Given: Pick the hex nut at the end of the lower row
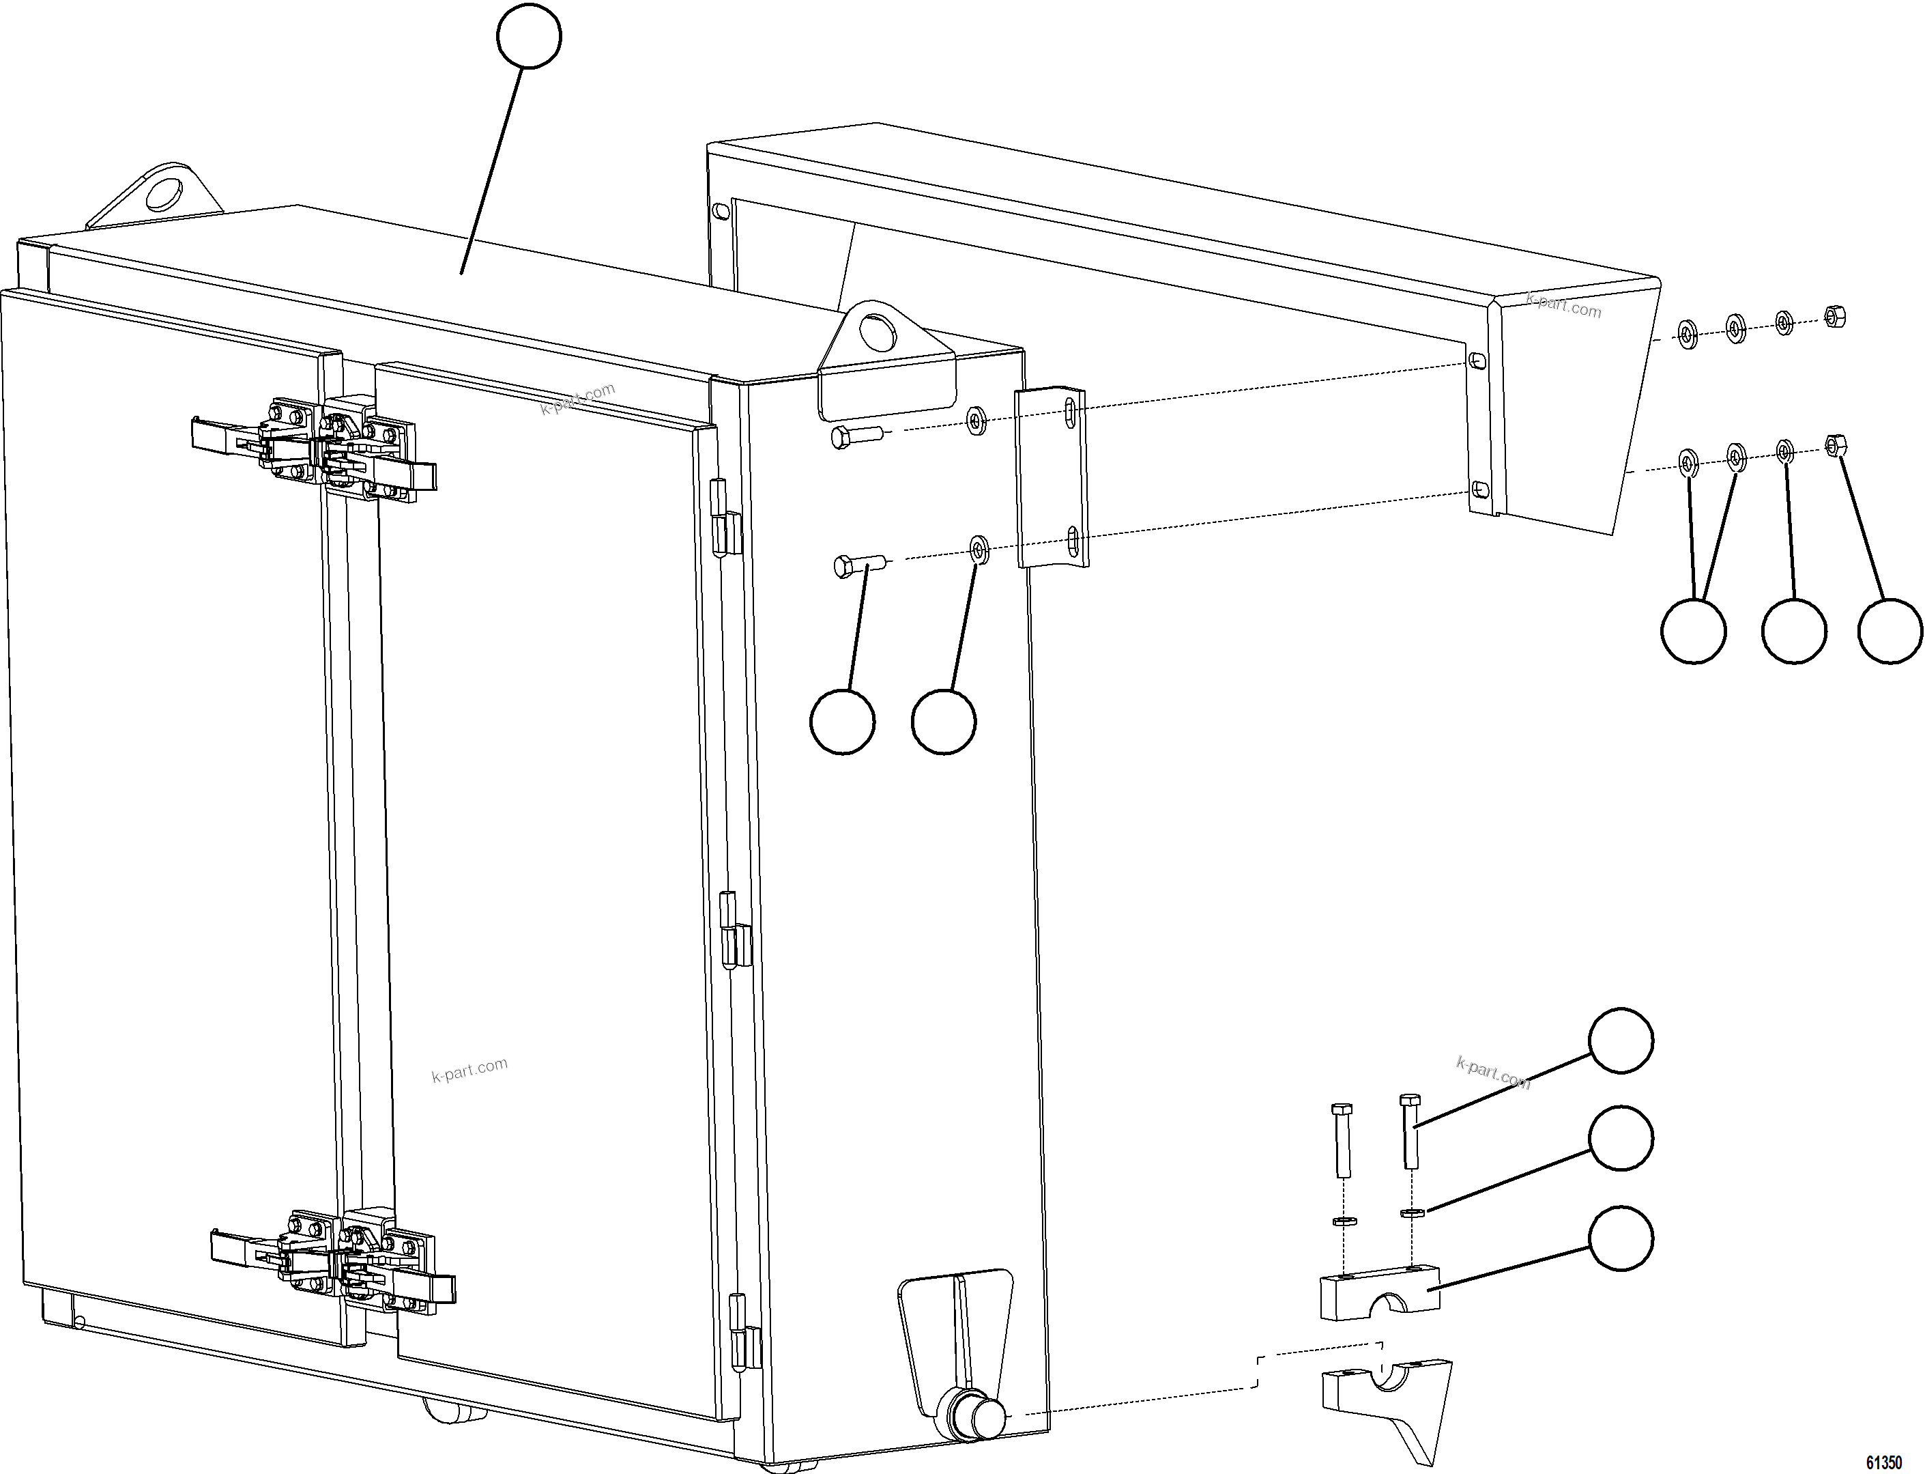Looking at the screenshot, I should [x=1834, y=446].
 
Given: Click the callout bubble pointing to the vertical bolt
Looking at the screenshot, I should [x=1621, y=1040].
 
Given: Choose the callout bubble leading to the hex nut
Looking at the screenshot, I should [x=1891, y=631].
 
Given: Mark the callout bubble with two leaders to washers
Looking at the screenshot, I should [x=1694, y=631].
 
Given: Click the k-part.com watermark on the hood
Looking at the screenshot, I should [x=1564, y=307].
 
